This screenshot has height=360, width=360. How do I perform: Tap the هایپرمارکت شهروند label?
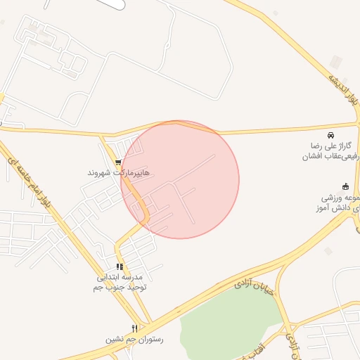(x=118, y=172)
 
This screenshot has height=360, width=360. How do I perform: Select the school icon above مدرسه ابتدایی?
(x=120, y=267)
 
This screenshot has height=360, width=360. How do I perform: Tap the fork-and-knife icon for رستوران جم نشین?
(x=134, y=328)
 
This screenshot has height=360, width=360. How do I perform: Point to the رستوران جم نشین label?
(x=134, y=339)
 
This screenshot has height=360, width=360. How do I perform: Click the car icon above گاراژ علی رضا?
(x=330, y=134)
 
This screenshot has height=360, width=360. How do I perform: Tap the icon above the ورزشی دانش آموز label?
(x=345, y=186)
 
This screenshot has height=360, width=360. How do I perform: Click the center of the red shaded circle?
(x=180, y=179)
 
